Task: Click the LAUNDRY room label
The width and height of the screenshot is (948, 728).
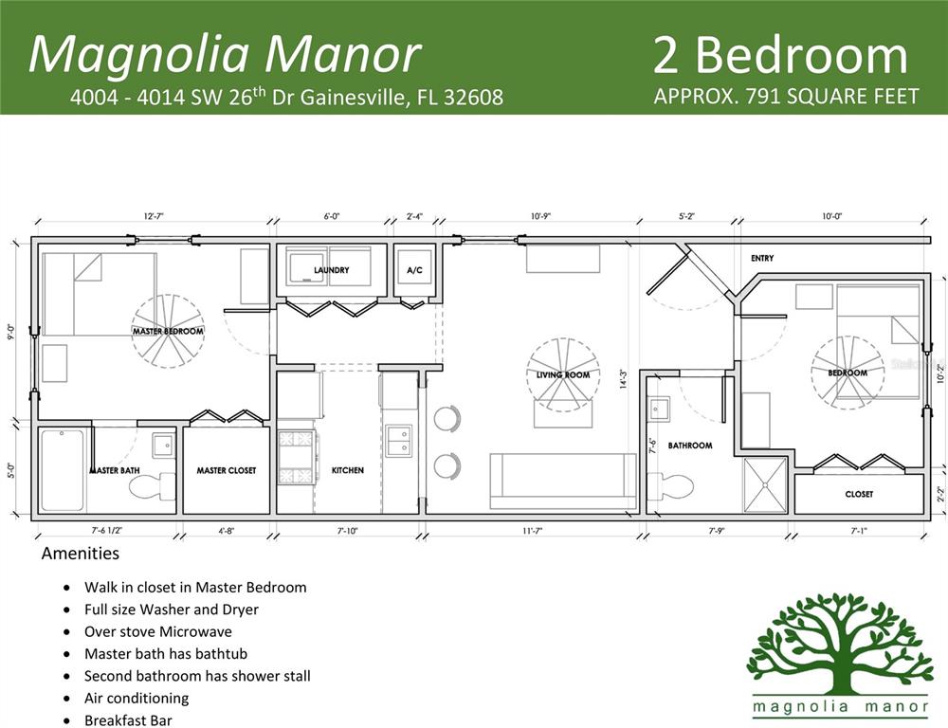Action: pyautogui.click(x=331, y=270)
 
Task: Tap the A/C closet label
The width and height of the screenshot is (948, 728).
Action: pyautogui.click(x=413, y=270)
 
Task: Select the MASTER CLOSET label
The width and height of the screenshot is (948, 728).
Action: pyautogui.click(x=226, y=470)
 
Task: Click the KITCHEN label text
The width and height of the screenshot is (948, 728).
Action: pyautogui.click(x=347, y=470)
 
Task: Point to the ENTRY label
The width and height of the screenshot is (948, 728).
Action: pyautogui.click(x=762, y=258)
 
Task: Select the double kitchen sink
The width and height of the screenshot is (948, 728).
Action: pyautogui.click(x=398, y=441)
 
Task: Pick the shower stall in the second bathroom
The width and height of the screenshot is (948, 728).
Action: pyautogui.click(x=764, y=485)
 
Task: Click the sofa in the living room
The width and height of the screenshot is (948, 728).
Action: pyautogui.click(x=563, y=478)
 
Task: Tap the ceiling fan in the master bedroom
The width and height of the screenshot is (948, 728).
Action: pyautogui.click(x=168, y=331)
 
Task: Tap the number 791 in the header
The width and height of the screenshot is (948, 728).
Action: pyautogui.click(x=747, y=97)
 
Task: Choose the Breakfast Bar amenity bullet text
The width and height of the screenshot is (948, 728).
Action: pyautogui.click(x=128, y=719)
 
